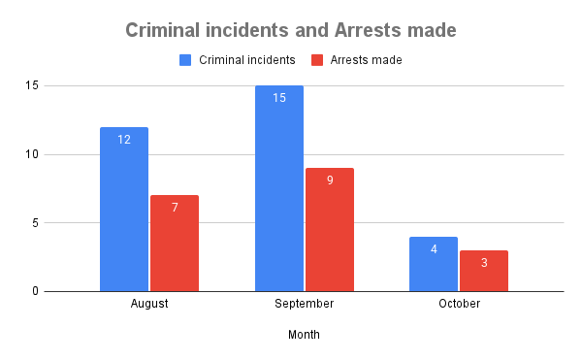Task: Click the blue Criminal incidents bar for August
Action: pos(124,209)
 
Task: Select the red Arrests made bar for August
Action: pos(175,243)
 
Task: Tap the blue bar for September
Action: pos(279,188)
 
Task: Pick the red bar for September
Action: pos(330,229)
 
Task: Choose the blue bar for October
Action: pos(434,263)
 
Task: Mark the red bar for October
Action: pos(484,270)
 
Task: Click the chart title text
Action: pos(291,30)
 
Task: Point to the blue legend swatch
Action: pos(186,60)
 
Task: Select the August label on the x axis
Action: pos(149,304)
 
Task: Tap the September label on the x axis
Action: pos(305,304)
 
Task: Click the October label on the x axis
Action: pos(459,304)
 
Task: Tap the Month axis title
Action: pos(304,335)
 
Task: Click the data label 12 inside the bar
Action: pos(124,140)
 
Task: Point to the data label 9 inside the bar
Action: pos(330,180)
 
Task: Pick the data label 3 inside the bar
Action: pos(484,263)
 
